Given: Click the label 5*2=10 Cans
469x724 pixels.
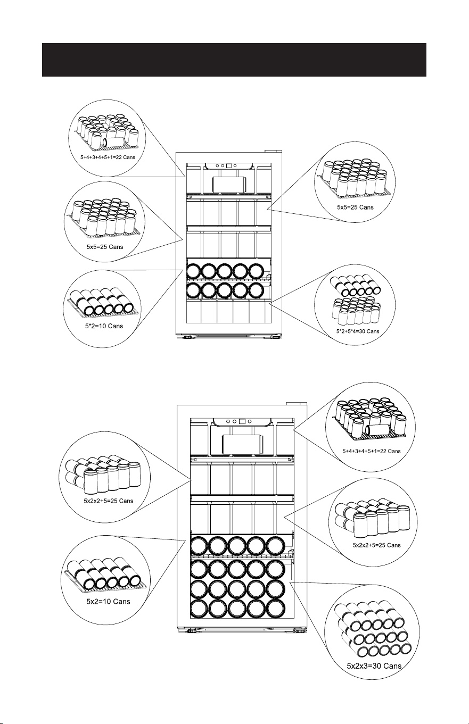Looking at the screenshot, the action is click(104, 326).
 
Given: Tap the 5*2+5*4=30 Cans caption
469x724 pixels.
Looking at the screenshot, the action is click(358, 331).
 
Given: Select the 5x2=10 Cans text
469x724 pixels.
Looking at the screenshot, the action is click(108, 602).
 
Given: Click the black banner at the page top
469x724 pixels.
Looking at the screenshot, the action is click(234, 60).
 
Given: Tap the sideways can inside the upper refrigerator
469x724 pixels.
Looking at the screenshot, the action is click(229, 185).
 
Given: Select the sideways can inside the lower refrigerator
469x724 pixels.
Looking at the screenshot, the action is click(243, 444).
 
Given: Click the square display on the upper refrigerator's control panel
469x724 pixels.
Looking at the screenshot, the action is click(229, 166).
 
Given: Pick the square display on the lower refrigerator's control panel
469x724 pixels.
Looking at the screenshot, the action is click(242, 421).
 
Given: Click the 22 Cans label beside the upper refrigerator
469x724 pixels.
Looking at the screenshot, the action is click(108, 157).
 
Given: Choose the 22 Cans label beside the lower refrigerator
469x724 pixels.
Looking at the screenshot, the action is click(372, 451).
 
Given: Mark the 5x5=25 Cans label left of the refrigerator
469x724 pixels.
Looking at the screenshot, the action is click(105, 247).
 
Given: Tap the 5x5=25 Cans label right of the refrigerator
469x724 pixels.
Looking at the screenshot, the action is click(355, 207).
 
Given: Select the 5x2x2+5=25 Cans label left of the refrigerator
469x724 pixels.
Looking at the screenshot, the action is click(109, 501).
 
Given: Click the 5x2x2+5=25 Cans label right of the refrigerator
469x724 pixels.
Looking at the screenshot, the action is click(376, 545).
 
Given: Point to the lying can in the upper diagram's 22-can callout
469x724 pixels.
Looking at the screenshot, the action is click(114, 142).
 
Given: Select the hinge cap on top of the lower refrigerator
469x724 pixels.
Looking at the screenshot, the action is click(295, 403).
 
